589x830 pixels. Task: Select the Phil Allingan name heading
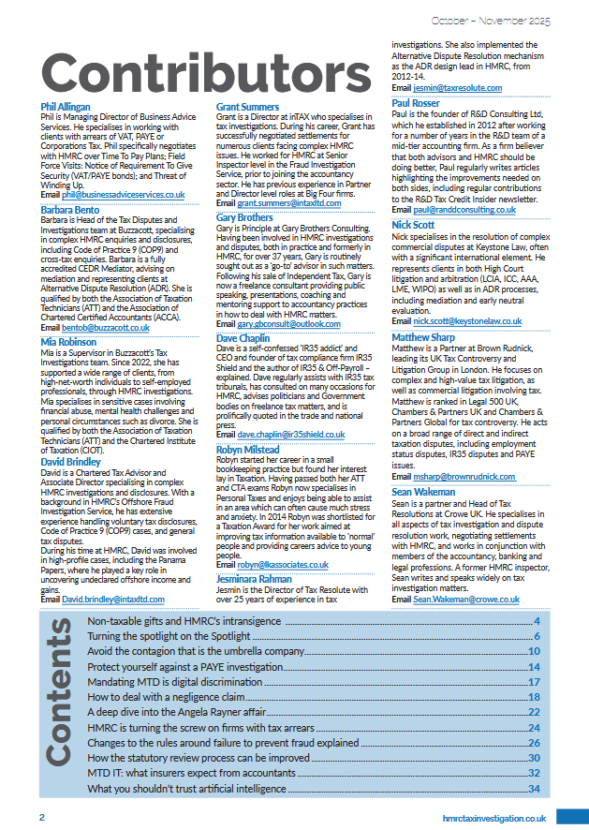coord(66,107)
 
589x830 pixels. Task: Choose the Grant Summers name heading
coord(247,107)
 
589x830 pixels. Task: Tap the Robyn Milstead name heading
coord(247,450)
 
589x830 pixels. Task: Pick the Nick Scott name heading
coord(413,225)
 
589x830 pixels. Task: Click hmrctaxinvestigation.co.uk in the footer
coord(493,817)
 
